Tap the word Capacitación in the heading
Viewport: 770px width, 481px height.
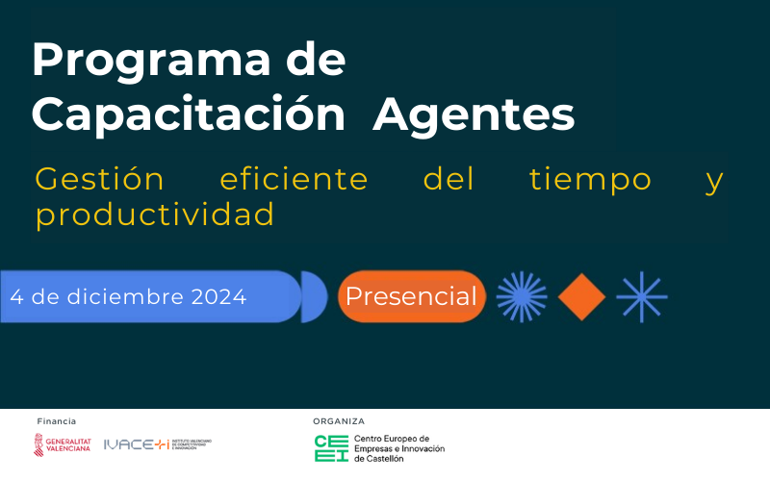[188, 115]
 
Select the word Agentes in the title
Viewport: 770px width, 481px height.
[474, 115]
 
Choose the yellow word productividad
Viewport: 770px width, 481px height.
[155, 215]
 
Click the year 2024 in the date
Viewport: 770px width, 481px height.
[218, 296]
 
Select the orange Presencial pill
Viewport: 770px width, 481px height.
[411, 296]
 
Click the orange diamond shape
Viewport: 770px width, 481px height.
[581, 296]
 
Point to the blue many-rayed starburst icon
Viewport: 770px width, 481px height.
[522, 296]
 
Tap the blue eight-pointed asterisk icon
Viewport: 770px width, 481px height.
[642, 296]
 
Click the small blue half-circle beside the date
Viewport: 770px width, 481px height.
[314, 296]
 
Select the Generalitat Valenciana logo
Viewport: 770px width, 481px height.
[62, 443]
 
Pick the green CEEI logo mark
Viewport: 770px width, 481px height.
[331, 448]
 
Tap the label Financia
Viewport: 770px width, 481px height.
[56, 421]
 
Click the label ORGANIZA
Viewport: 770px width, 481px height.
[339, 421]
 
